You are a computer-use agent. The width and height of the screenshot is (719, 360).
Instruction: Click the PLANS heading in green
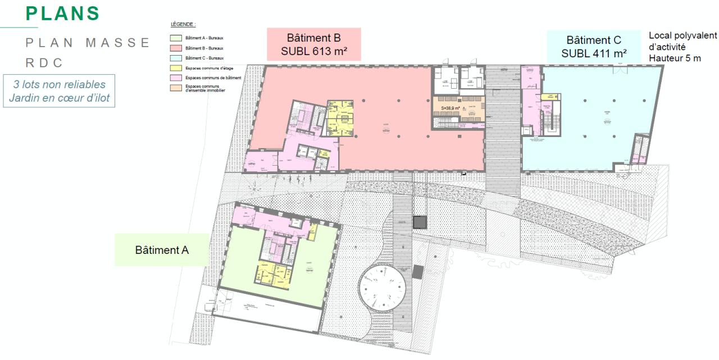[63, 13]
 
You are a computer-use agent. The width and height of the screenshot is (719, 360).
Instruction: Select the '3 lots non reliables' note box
[59, 91]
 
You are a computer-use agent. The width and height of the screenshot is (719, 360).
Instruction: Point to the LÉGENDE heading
[183, 25]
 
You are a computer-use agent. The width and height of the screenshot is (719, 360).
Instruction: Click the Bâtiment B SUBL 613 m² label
[313, 45]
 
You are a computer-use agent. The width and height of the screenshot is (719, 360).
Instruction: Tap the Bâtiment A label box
[162, 250]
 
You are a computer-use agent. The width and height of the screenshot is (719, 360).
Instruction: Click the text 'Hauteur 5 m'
[675, 58]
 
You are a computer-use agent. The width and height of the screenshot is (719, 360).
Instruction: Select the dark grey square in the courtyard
[420, 222]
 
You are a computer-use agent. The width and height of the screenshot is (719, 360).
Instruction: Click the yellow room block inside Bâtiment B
[340, 117]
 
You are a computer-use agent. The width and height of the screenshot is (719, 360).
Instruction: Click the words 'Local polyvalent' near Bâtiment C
[682, 35]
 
